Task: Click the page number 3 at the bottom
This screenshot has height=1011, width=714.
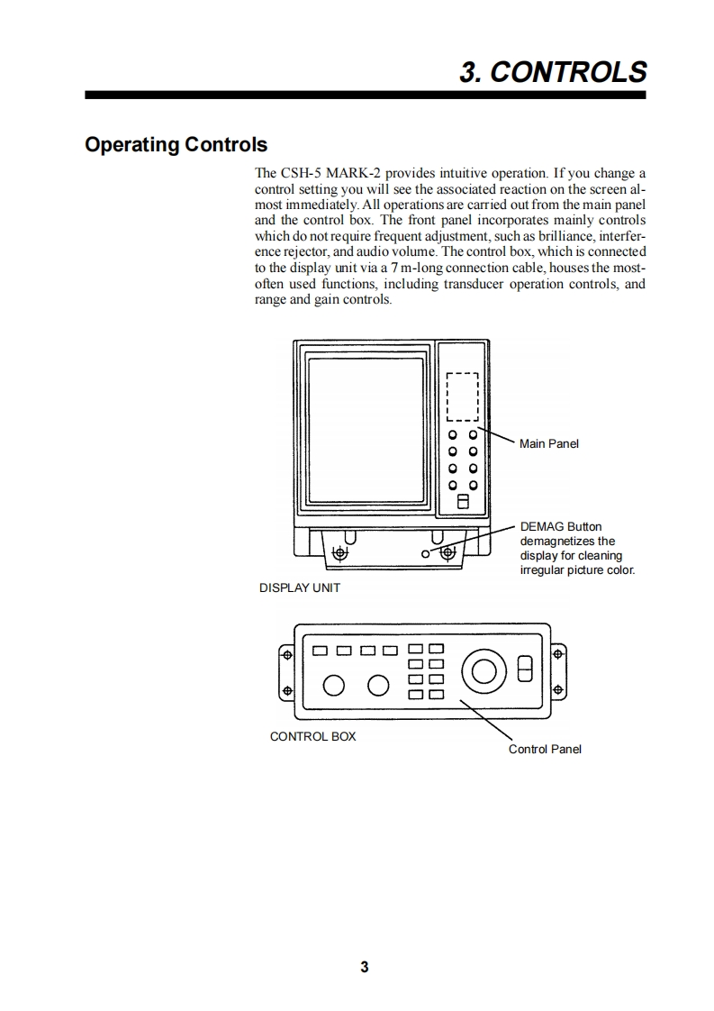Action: click(364, 968)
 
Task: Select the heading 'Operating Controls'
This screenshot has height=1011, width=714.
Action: click(176, 145)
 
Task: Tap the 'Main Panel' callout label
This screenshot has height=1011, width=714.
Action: click(549, 443)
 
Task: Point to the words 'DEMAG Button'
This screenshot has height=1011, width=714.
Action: click(561, 526)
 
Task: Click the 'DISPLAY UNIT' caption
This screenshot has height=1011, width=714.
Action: click(300, 587)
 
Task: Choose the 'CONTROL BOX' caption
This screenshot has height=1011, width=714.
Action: click(312, 736)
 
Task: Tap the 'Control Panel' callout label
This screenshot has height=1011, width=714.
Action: click(545, 749)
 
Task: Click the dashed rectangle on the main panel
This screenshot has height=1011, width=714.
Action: click(463, 396)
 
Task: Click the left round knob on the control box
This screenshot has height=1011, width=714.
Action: click(333, 686)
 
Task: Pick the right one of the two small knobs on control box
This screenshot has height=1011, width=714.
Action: click(377, 686)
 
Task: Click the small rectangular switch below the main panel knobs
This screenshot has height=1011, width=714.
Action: click(464, 501)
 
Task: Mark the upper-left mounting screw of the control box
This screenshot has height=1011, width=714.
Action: click(286, 655)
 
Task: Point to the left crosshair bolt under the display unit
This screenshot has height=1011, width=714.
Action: click(342, 551)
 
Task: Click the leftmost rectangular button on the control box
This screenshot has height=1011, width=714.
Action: click(320, 649)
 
